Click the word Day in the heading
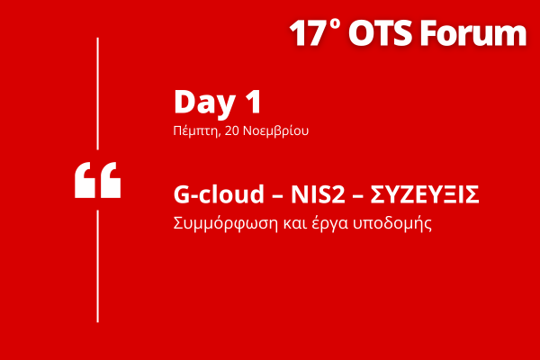(201, 103)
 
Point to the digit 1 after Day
(251, 103)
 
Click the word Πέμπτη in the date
(193, 130)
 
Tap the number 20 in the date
(229, 130)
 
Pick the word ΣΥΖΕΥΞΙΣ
(425, 196)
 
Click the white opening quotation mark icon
(97, 181)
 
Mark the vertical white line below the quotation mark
(97, 265)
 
